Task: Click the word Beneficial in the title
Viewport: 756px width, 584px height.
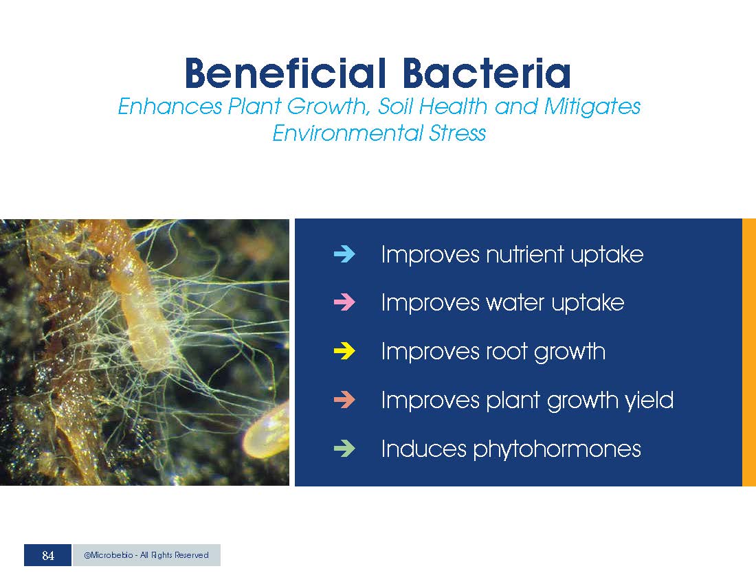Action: [x=285, y=74]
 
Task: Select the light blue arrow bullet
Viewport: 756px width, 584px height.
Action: [x=344, y=254]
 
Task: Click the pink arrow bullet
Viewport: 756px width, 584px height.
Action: [x=344, y=302]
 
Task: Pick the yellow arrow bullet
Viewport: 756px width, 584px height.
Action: [x=344, y=351]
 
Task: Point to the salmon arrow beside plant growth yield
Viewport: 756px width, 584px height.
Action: [x=344, y=400]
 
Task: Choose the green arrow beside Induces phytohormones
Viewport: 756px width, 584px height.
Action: [x=344, y=449]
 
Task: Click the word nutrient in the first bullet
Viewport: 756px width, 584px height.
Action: [x=525, y=254]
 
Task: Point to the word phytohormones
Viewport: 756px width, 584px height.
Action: [x=557, y=449]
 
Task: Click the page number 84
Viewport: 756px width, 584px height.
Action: [x=47, y=556]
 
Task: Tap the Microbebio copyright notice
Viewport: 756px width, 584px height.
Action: [x=146, y=555]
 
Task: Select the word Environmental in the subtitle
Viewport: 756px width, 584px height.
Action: [x=346, y=133]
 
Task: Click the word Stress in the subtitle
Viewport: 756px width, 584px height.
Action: [x=457, y=133]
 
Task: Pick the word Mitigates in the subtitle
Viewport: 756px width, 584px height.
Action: [x=592, y=106]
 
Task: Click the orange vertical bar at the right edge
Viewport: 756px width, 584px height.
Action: [x=748, y=352]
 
